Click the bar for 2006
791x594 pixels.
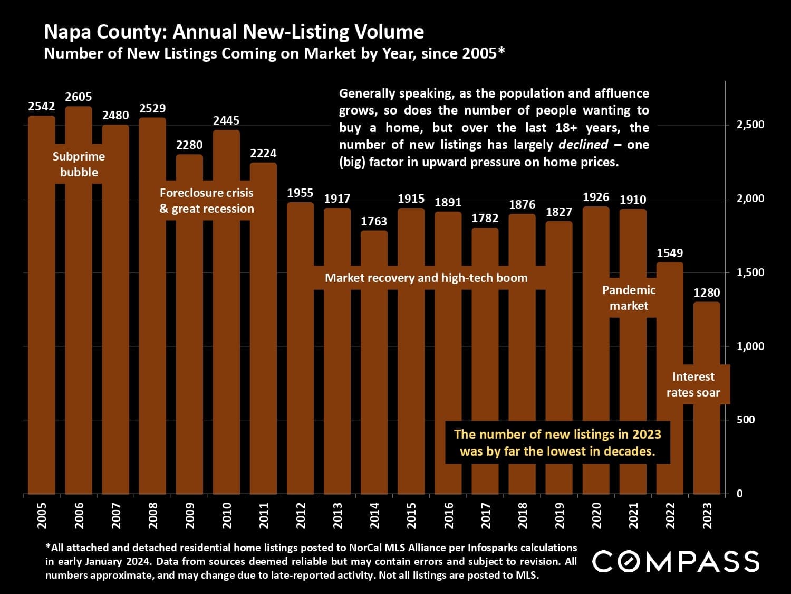click(x=79, y=317)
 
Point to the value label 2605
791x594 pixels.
click(x=79, y=97)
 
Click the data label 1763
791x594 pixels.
click(x=374, y=221)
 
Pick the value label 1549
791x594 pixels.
click(x=670, y=253)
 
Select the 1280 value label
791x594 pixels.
click(x=707, y=293)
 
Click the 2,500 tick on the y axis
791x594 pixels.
click(x=750, y=125)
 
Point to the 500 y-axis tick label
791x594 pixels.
click(x=746, y=420)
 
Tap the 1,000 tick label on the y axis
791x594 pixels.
click(x=750, y=346)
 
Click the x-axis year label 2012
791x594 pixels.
click(x=301, y=515)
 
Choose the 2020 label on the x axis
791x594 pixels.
click(x=596, y=515)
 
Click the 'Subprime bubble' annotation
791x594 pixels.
click(x=79, y=164)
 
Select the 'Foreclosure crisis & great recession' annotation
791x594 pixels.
click(x=207, y=201)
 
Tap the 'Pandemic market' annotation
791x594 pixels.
click(x=629, y=298)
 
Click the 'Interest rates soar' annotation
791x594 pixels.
click(x=693, y=384)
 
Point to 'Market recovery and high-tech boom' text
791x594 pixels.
click(x=426, y=278)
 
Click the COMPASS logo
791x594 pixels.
click(x=676, y=561)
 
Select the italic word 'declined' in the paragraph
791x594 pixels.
click(x=583, y=145)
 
